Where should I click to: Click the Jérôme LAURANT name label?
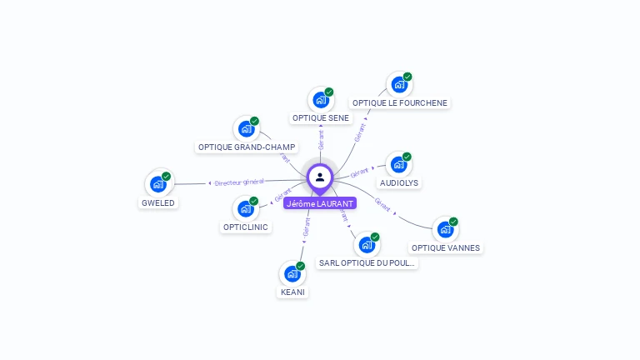point(319,203)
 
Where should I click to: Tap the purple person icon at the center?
point(320,177)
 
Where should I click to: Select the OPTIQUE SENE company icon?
point(321,100)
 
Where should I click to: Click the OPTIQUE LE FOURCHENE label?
point(399,103)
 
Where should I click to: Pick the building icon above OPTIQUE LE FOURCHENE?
point(399,85)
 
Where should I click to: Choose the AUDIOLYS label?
point(399,182)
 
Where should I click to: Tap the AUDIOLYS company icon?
point(399,164)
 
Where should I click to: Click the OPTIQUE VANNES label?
point(446,247)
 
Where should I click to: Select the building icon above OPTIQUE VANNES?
point(445,229)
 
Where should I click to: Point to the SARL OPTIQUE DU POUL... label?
point(367,263)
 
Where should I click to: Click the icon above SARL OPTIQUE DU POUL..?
point(367,245)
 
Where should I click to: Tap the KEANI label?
point(292,292)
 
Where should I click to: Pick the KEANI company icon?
point(292,273)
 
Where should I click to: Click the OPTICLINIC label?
point(246,227)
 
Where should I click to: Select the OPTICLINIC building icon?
point(246,208)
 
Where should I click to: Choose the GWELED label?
point(158,202)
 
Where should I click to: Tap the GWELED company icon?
point(158,184)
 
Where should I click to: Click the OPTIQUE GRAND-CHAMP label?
point(247,147)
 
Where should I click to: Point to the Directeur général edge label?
point(239,182)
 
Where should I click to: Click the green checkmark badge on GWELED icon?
point(167,176)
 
